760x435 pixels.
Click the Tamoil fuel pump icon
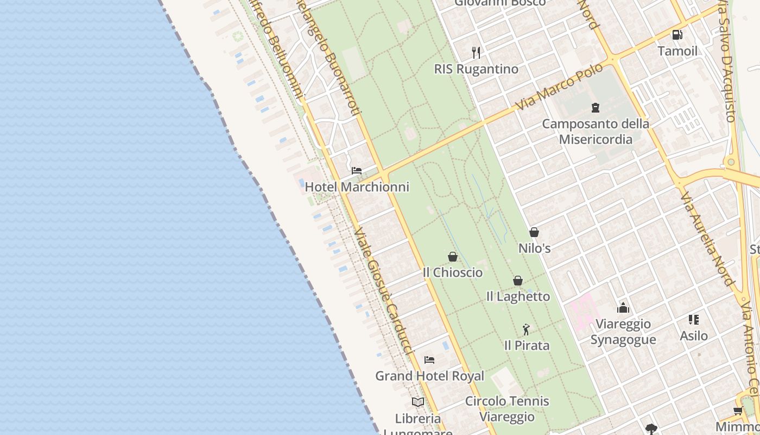point(677,35)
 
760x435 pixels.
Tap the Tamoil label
point(677,51)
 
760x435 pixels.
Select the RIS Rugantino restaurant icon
point(476,52)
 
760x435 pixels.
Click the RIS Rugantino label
point(476,69)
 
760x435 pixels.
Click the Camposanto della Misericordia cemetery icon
point(596,108)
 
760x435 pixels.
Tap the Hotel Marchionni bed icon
point(357,171)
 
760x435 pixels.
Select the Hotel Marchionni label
point(357,187)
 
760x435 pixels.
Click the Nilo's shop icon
point(534,232)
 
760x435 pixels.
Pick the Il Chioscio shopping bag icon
point(453,257)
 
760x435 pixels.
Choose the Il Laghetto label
point(518,296)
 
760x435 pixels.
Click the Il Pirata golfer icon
point(526,330)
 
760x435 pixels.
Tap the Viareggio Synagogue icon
point(623,308)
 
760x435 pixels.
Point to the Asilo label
point(694,335)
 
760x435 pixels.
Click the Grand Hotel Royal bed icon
point(429,360)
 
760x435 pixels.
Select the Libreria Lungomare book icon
point(417,402)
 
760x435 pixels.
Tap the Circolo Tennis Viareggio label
point(507,409)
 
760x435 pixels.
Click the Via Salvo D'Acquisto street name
point(727,60)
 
